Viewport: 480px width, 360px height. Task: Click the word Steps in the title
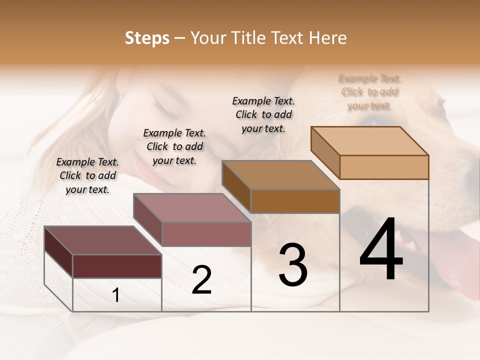[x=147, y=38]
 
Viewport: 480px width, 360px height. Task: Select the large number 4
[x=381, y=250]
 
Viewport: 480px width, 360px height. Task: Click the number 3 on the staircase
[x=293, y=265]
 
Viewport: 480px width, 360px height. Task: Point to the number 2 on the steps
[x=201, y=280]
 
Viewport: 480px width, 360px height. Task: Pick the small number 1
[x=116, y=295]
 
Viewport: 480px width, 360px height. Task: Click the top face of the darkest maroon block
[x=95, y=240]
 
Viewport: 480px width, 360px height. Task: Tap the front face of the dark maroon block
[x=117, y=266]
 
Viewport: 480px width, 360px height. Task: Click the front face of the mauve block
[x=206, y=234]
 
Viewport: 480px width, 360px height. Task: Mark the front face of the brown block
[x=295, y=201]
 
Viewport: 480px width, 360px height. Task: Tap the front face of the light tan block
[x=384, y=167]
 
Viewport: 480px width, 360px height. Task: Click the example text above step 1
[x=87, y=176]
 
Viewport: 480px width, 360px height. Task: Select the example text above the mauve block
[x=174, y=147]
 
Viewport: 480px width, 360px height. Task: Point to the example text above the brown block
[x=263, y=114]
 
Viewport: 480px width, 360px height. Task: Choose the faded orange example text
[x=369, y=92]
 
